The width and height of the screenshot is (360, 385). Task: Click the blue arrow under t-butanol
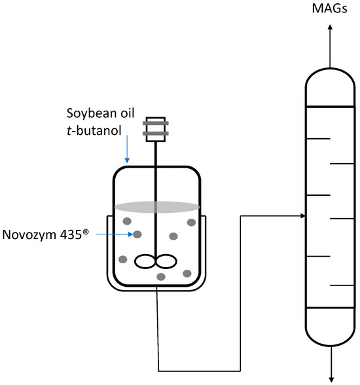[x=127, y=149]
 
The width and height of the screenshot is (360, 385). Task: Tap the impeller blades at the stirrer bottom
[x=155, y=261]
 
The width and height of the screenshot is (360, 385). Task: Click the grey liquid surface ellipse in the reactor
[x=157, y=207]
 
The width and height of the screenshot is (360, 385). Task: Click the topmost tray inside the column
[x=318, y=138]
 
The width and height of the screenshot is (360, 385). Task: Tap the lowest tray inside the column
[x=342, y=285]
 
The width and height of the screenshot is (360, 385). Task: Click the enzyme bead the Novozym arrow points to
[x=137, y=234]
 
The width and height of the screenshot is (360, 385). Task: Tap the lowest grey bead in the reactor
[x=161, y=278]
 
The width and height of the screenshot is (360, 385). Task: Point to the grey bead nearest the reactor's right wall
[x=191, y=223]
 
